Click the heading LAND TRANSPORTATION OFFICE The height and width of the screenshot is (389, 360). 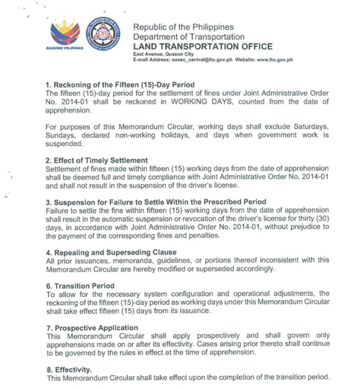(203, 47)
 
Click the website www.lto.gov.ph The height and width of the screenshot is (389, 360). (275, 60)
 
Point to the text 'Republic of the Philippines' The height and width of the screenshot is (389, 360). (183, 27)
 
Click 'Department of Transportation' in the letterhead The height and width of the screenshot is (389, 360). (188, 37)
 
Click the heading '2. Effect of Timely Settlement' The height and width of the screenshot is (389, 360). (97, 160)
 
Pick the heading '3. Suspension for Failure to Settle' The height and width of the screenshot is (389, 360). (156, 202)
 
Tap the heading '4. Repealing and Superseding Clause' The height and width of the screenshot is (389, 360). (111, 252)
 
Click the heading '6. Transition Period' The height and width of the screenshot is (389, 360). (80, 286)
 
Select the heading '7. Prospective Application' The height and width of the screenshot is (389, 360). (92, 327)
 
